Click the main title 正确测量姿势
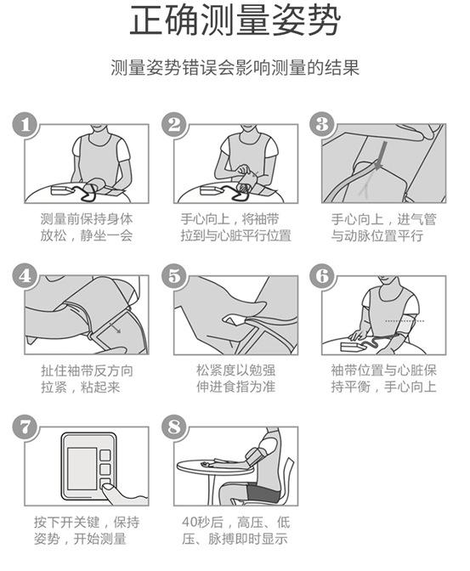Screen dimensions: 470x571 (235, 20)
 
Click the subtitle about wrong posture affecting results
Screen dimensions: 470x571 (235, 67)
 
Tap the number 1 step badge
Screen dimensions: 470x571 (25, 125)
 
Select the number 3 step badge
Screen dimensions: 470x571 (322, 124)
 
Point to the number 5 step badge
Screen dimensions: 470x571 (174, 276)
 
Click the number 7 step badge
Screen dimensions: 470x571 (25, 427)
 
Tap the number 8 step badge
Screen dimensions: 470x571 (174, 427)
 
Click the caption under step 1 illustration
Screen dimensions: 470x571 (87, 227)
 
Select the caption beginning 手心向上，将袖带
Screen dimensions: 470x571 (235, 227)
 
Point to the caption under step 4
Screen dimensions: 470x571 (87, 379)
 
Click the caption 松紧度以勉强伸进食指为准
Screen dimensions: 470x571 (235, 379)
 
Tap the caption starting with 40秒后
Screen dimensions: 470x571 (235, 530)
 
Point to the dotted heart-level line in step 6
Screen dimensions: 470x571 (405, 321)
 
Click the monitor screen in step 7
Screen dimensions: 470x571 (82, 468)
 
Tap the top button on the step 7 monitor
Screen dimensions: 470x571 (105, 455)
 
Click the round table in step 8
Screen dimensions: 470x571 (214, 466)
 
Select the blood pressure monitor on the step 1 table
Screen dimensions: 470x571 (62, 189)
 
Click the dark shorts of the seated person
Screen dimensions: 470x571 (263, 491)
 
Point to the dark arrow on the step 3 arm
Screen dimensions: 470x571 (380, 155)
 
